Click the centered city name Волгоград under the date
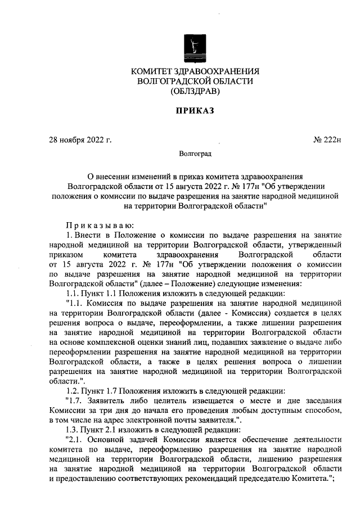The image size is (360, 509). (x=195, y=152)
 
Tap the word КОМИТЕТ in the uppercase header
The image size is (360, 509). (x=155, y=71)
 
